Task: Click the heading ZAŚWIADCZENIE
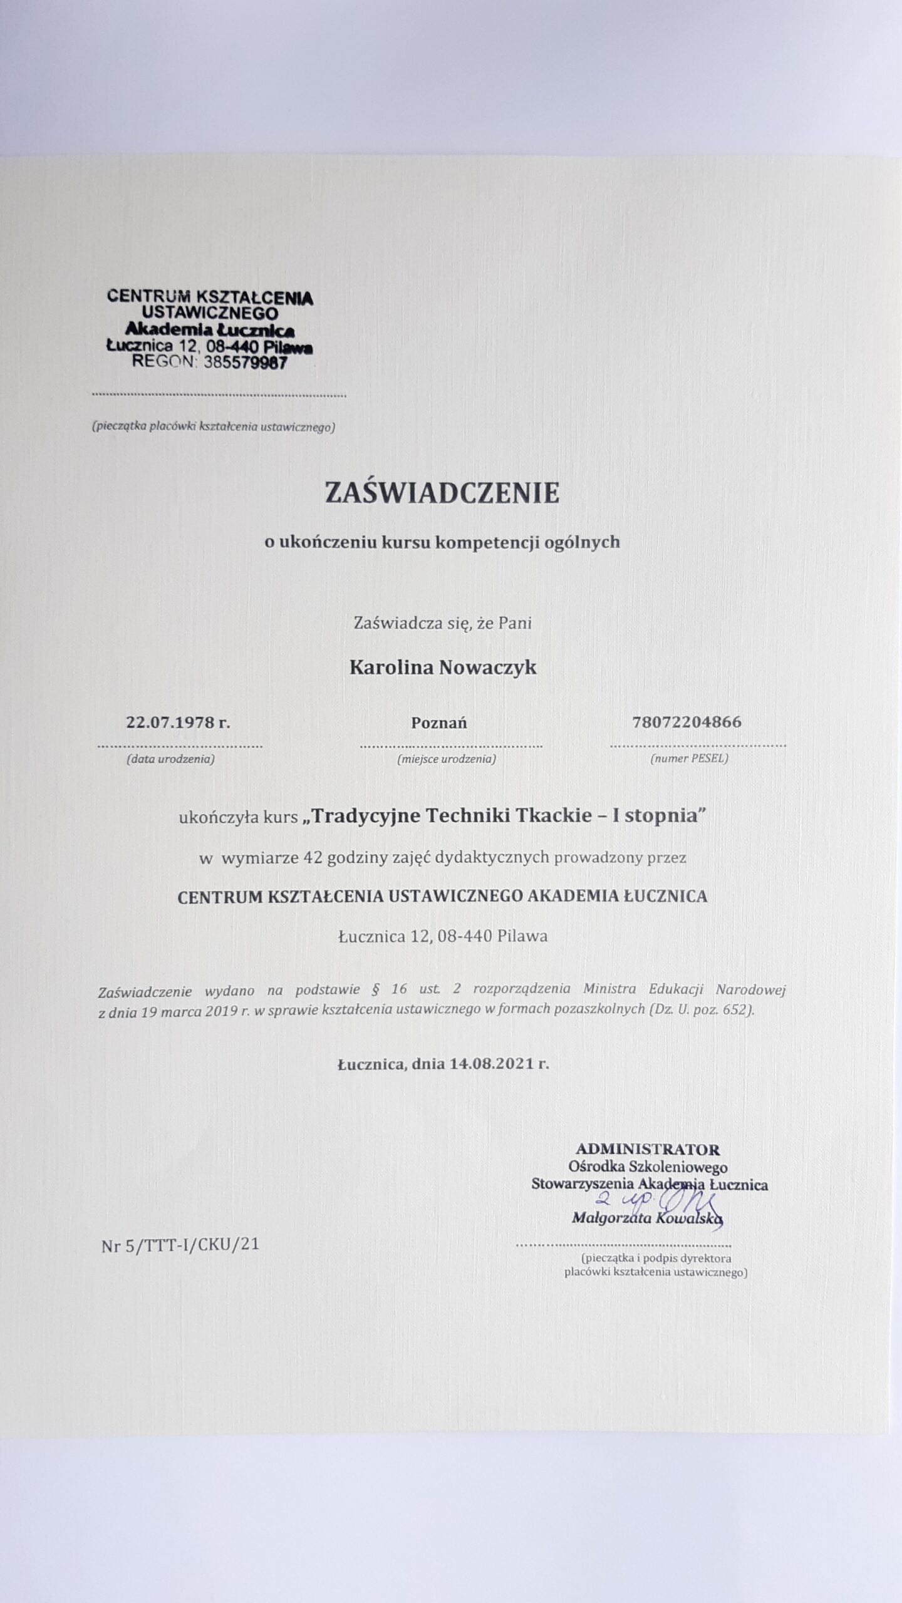pyautogui.click(x=442, y=493)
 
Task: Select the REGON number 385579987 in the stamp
pyautogui.click(x=246, y=363)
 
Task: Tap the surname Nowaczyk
pyautogui.click(x=487, y=667)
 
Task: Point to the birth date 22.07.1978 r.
pyautogui.click(x=179, y=722)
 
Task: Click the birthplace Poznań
pyautogui.click(x=439, y=723)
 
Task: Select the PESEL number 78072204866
pyautogui.click(x=687, y=722)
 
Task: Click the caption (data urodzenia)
pyautogui.click(x=171, y=759)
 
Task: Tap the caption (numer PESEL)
pyautogui.click(x=689, y=759)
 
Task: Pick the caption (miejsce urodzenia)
pyautogui.click(x=447, y=759)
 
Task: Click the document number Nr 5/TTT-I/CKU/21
pyautogui.click(x=180, y=1245)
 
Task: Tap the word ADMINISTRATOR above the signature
pyautogui.click(x=648, y=1149)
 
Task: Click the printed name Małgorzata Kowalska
pyautogui.click(x=647, y=1218)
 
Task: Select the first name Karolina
pyautogui.click(x=391, y=667)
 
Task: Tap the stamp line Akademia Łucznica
pyautogui.click(x=210, y=329)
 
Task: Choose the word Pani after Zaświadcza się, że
pyautogui.click(x=516, y=623)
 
